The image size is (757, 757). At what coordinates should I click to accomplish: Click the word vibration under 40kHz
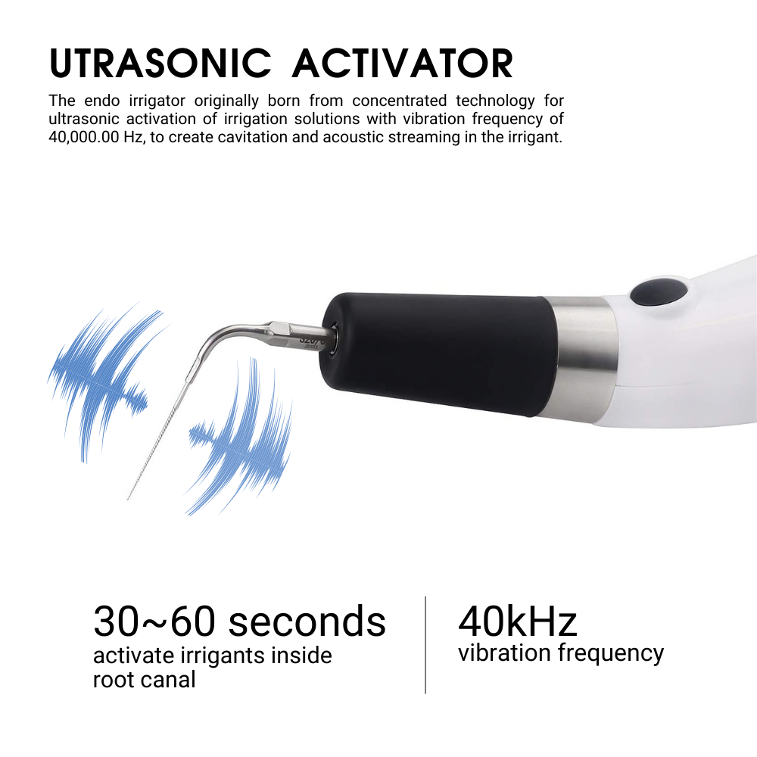tap(504, 653)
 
